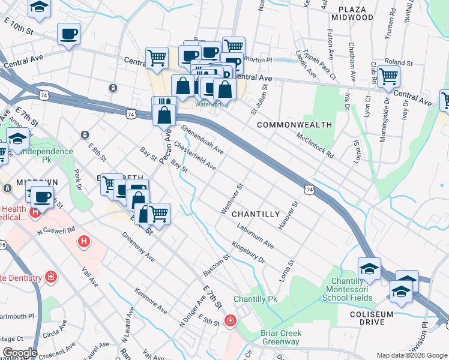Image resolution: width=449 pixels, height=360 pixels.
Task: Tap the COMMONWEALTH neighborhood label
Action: (294, 125)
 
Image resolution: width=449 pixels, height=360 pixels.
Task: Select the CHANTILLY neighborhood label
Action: (256, 214)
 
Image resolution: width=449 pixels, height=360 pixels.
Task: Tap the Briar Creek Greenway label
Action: (281, 337)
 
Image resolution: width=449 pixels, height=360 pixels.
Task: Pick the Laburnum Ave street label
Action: (255, 236)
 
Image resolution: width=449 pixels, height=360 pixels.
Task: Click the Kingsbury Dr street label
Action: (248, 253)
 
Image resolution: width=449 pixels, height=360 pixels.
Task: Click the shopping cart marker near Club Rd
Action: (389, 76)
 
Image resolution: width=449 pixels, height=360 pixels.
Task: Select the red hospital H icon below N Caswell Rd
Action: (84, 241)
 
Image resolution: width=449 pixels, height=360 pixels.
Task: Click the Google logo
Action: (19, 352)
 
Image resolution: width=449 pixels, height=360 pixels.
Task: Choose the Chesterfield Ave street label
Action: (195, 155)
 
